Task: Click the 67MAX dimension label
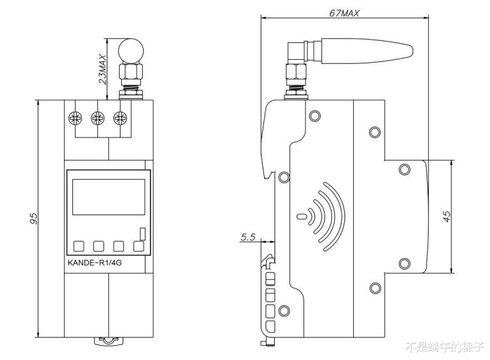(344, 13)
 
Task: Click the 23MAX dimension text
(103, 69)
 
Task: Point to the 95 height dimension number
(33, 218)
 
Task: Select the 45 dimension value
(447, 216)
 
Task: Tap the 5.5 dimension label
(248, 238)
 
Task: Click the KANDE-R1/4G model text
(95, 263)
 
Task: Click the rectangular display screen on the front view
(109, 197)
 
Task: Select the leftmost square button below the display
(79, 246)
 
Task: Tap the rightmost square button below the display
(139, 246)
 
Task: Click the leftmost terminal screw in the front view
(76, 118)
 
